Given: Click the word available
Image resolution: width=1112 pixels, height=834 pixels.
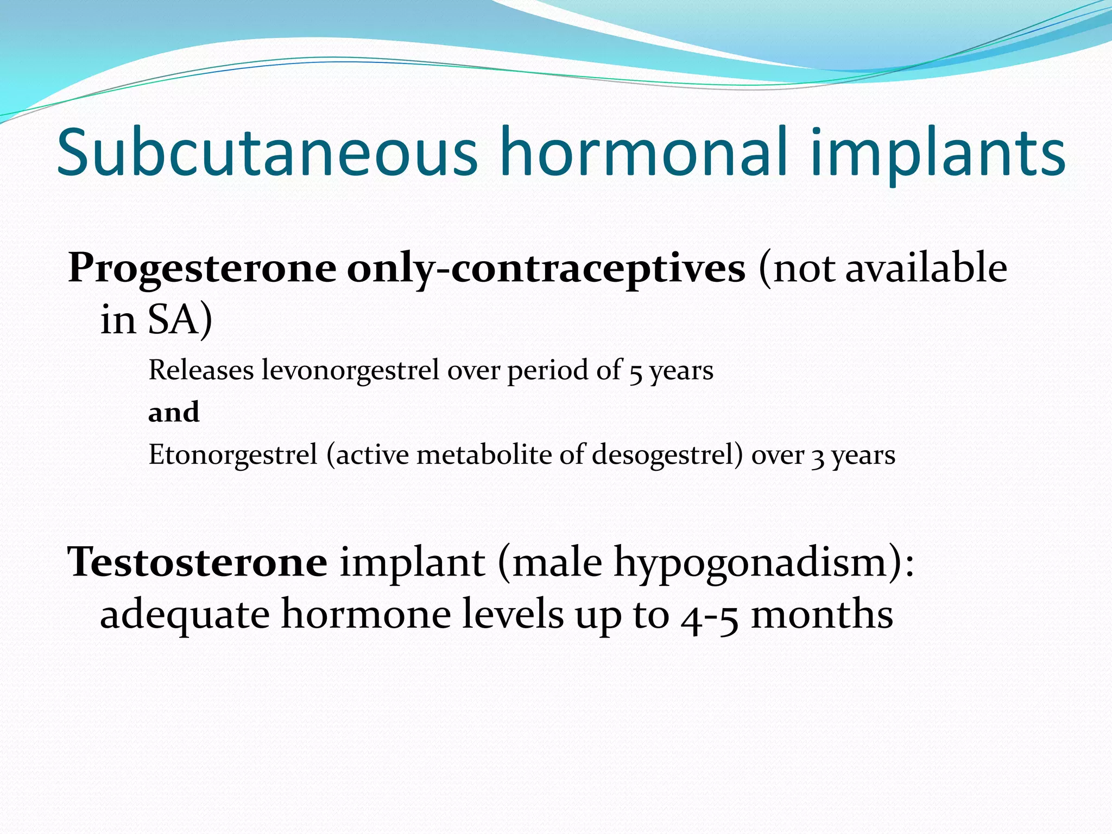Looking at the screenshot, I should [926, 268].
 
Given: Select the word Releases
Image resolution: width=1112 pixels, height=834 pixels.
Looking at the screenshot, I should [201, 370].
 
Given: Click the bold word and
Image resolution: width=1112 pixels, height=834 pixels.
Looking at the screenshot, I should [174, 412].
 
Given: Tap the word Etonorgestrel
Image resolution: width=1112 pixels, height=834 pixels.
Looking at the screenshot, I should [232, 456].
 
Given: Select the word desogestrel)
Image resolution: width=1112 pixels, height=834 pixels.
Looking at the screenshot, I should [667, 456].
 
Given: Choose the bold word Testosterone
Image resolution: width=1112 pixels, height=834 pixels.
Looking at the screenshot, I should [197, 563].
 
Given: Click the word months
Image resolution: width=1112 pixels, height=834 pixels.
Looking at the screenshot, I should [822, 615].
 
